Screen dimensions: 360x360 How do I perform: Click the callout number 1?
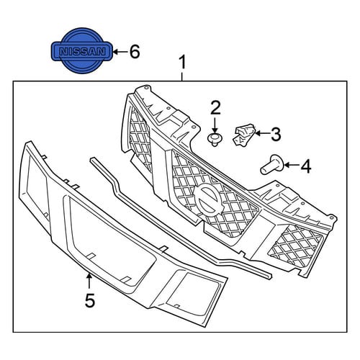(183, 63)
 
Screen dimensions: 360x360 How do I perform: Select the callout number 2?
(215, 108)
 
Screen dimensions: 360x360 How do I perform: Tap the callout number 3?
(275, 134)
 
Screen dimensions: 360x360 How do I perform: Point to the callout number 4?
(306, 166)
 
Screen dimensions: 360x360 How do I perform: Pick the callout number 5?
(90, 300)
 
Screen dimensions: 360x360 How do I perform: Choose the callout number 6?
(135, 52)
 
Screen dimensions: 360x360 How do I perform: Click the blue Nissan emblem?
(82, 51)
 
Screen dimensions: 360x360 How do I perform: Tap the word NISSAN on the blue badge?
(82, 51)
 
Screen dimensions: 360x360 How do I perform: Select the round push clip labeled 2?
(215, 140)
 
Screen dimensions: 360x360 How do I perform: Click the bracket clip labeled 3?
(243, 134)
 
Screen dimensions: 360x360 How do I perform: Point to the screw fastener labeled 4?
(272, 165)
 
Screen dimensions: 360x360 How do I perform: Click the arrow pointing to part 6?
(120, 51)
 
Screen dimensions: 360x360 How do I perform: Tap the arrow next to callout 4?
(291, 165)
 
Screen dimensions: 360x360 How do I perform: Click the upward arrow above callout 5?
(89, 281)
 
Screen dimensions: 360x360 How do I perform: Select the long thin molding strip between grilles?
(181, 217)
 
